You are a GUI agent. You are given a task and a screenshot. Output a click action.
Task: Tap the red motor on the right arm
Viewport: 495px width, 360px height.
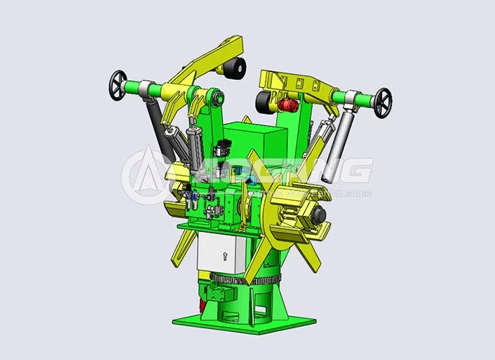(x=291, y=106)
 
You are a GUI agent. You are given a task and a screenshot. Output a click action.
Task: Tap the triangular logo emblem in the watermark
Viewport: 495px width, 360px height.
(x=147, y=177)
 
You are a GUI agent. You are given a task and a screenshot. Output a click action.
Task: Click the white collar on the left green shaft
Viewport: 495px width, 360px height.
(x=145, y=89)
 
